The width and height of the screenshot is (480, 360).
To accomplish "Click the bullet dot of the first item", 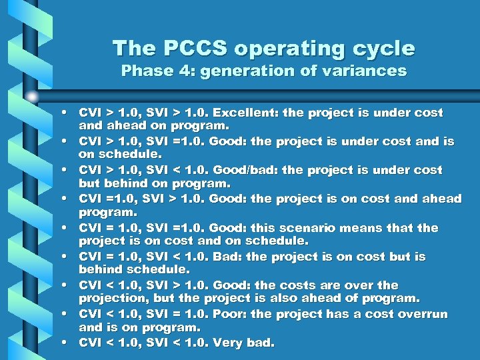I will click(x=69, y=113).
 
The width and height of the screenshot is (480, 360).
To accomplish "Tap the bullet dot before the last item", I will click(x=69, y=343).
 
